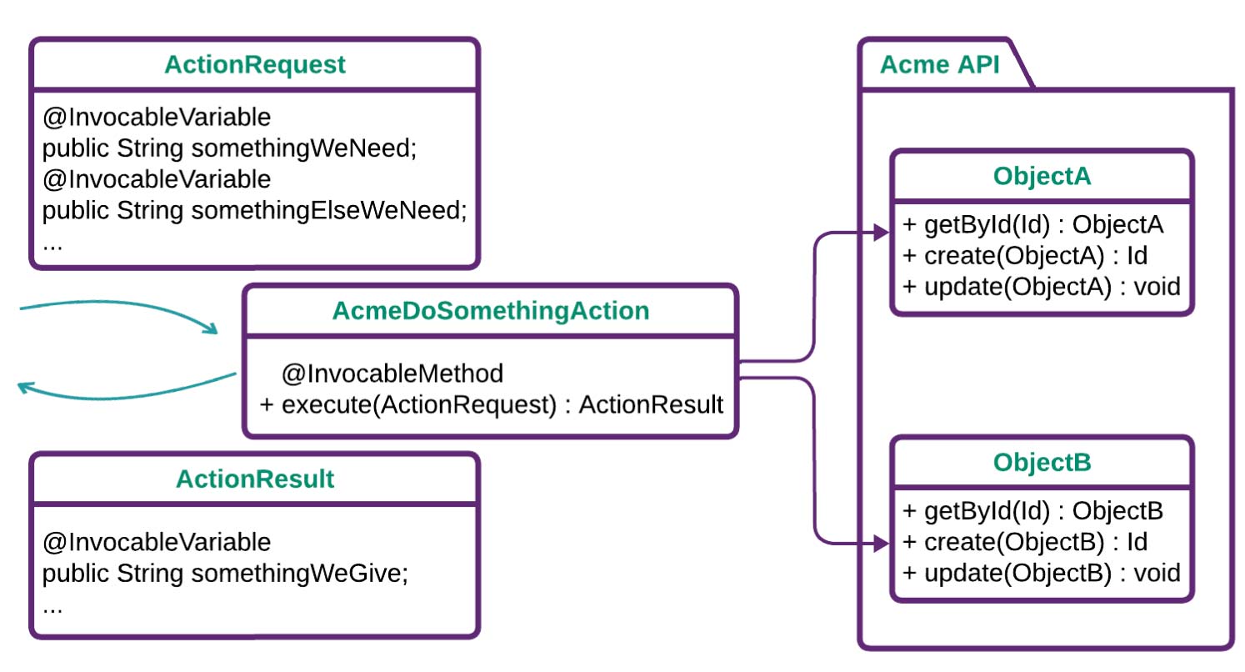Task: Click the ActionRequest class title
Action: pyautogui.click(x=255, y=65)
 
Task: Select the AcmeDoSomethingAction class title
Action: pyautogui.click(x=491, y=311)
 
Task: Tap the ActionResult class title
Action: pyautogui.click(x=255, y=479)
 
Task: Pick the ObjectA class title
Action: pyautogui.click(x=1042, y=176)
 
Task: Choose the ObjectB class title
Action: pyautogui.click(x=1042, y=462)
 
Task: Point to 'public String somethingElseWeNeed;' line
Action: pyautogui.click(x=254, y=211)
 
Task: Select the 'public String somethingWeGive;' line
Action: pyautogui.click(x=226, y=574)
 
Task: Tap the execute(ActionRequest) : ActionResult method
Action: pyautogui.click(x=492, y=405)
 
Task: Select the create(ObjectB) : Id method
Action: pyautogui.click(x=1025, y=542)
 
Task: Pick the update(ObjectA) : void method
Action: pyautogui.click(x=1042, y=287)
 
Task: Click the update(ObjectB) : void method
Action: pyautogui.click(x=1042, y=573)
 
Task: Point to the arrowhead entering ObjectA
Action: pyautogui.click(x=882, y=234)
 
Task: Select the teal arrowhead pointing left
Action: pyautogui.click(x=27, y=387)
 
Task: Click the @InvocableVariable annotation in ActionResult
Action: pyautogui.click(x=157, y=542)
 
